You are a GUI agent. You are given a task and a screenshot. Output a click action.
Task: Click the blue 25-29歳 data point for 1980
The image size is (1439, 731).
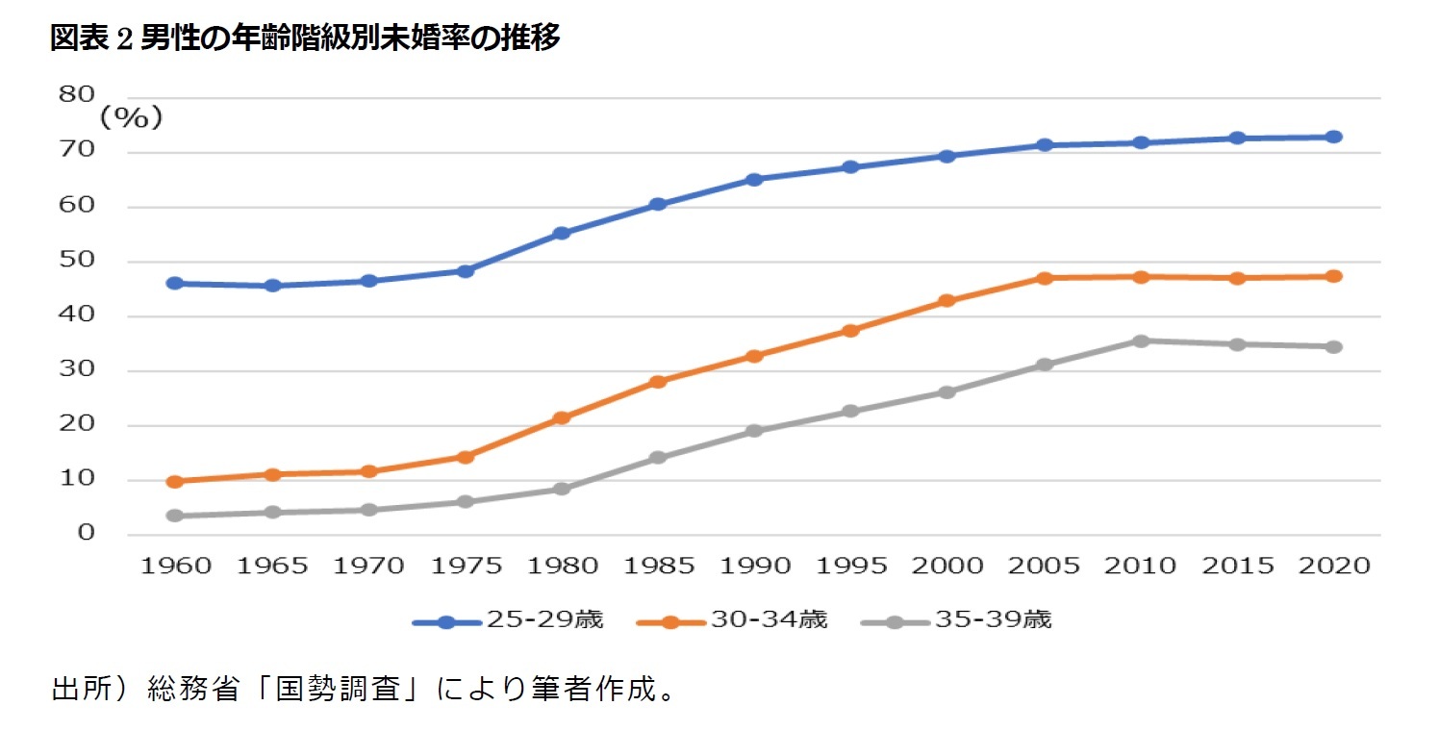(x=562, y=234)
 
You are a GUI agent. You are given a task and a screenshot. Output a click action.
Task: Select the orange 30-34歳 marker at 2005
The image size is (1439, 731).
(x=1045, y=278)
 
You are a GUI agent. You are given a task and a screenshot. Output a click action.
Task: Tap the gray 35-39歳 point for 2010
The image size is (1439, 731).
(x=1141, y=340)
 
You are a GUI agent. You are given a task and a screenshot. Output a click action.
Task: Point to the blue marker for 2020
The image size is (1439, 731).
(x=1333, y=137)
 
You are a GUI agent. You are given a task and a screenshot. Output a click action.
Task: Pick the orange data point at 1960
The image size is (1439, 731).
(x=175, y=481)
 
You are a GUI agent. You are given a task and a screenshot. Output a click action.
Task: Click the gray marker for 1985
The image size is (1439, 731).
(x=658, y=457)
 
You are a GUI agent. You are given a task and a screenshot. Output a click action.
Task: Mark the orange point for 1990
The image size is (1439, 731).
(x=754, y=356)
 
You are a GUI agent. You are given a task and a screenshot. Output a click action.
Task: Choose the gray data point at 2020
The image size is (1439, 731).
(x=1333, y=346)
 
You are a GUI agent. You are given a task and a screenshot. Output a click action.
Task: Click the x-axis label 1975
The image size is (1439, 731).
(x=466, y=566)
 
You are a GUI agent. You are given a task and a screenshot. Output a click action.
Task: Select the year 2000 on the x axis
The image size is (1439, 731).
(x=947, y=566)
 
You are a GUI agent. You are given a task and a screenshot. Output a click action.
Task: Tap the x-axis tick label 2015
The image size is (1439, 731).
(x=1237, y=566)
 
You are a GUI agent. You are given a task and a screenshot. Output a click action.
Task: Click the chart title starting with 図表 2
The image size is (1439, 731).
(x=305, y=38)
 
